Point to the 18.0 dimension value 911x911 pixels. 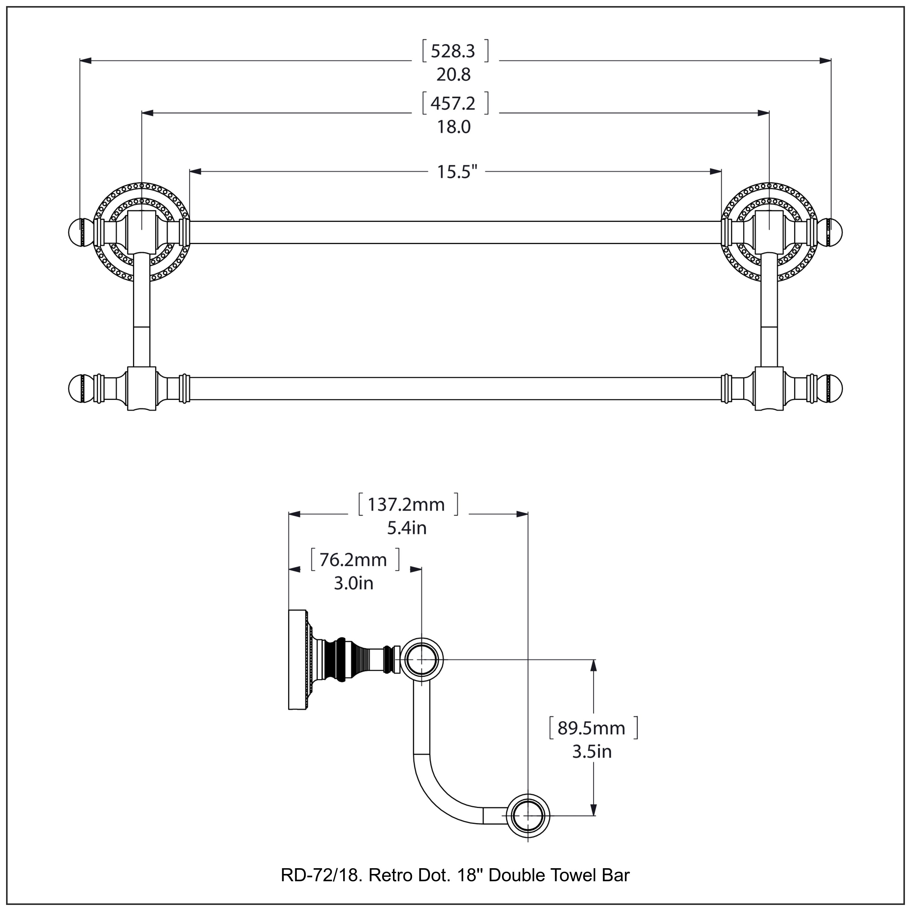[x=454, y=127]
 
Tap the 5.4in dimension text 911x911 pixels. [x=407, y=528]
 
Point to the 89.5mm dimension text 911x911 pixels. [x=591, y=728]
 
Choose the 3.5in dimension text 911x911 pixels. [x=592, y=752]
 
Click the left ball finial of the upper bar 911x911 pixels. [x=75, y=233]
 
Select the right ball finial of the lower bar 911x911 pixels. [x=834, y=389]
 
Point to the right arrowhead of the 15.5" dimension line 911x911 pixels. [x=715, y=172]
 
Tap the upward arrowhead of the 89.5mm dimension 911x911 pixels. [x=594, y=665]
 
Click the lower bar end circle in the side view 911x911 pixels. [x=528, y=816]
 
